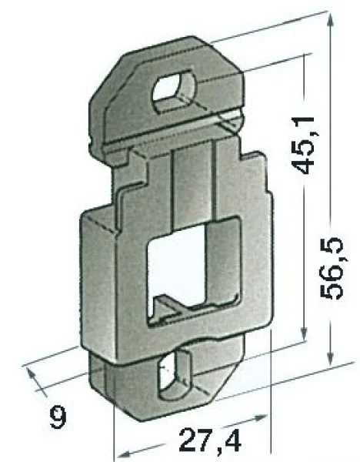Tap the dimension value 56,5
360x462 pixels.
332,267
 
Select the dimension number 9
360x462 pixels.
58,417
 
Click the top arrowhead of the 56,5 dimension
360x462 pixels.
331,21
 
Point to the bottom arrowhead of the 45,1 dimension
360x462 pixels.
304,335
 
